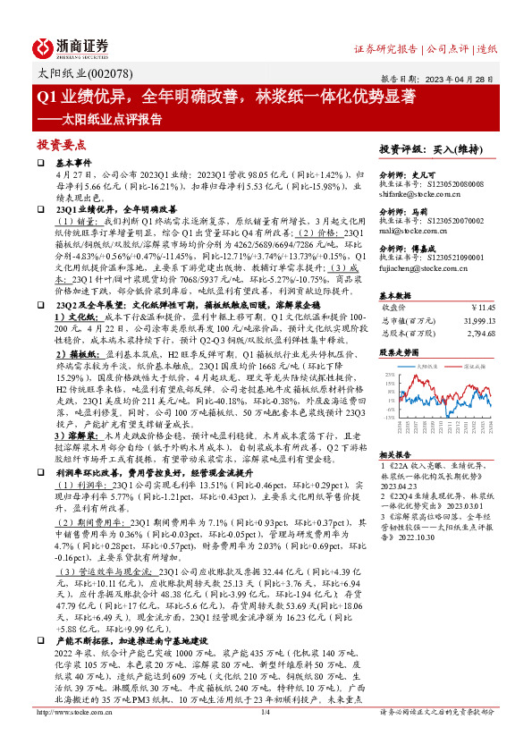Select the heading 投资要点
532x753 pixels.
pos(62,144)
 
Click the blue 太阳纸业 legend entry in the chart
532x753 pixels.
pos(426,367)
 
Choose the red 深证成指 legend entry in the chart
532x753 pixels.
pos(470,367)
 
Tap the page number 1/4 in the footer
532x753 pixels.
pos(265,737)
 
